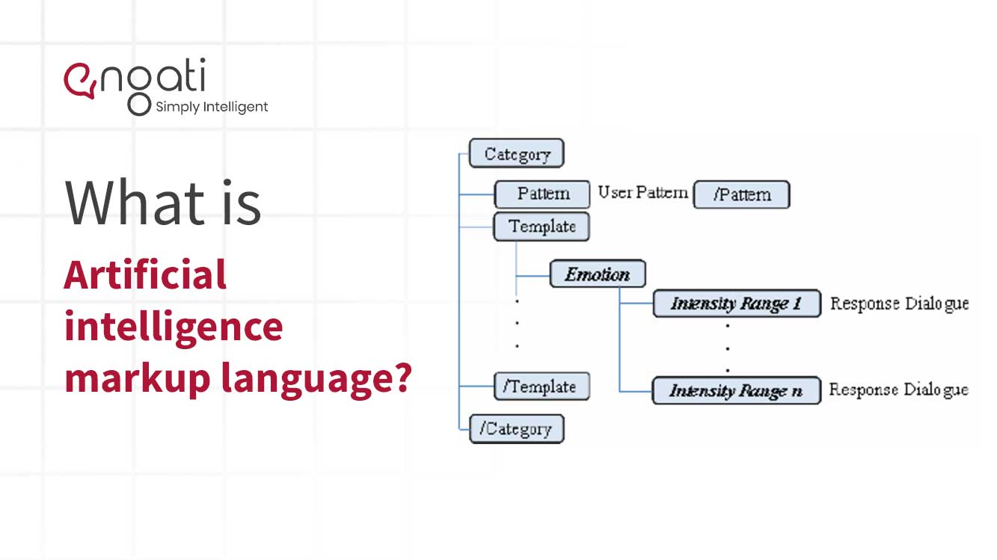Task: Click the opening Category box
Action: [517, 153]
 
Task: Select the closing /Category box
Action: [517, 428]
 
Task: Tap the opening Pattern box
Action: [542, 194]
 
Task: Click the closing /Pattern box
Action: [742, 194]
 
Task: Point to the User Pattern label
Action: [642, 193]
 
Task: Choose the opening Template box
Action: [542, 227]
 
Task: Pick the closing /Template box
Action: [542, 386]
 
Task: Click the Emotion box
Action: [598, 274]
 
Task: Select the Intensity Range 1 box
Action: [737, 304]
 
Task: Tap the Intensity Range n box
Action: [736, 390]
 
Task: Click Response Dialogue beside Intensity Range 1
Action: [899, 304]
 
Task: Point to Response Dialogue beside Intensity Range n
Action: [898, 390]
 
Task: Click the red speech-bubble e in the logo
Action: [80, 81]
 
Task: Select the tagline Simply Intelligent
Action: [212, 107]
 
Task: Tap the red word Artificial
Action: [146, 274]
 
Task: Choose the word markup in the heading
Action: [138, 378]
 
